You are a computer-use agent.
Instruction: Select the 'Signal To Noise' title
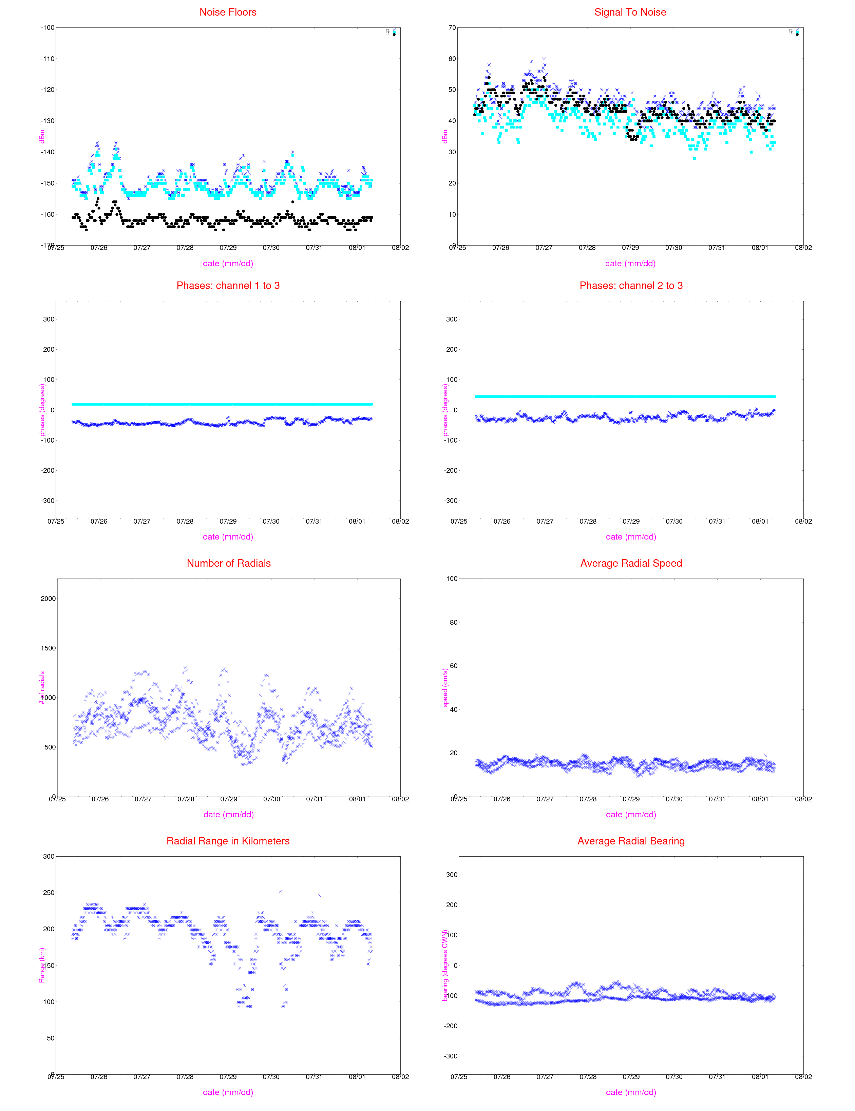click(630, 12)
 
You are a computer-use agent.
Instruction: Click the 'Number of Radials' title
click(229, 563)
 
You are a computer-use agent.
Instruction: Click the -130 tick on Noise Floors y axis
click(47, 121)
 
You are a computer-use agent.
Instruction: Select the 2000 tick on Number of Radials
click(48, 599)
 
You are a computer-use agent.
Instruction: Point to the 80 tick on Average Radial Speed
click(452, 622)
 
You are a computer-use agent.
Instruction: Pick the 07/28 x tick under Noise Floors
click(185, 248)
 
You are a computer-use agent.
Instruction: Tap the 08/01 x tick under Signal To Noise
click(760, 248)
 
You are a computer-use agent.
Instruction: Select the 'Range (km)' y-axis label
click(42, 965)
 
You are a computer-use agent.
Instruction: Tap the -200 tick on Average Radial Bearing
click(451, 1026)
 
